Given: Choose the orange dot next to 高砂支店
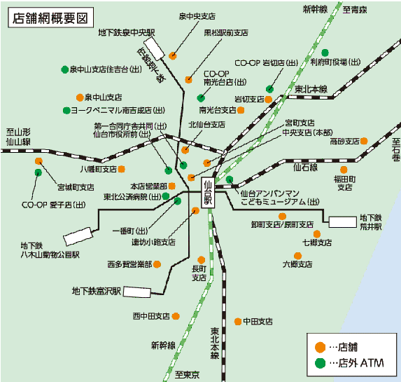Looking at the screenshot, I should [x=365, y=141].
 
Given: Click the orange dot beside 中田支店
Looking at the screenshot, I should [x=238, y=321].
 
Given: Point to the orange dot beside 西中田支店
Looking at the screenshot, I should [x=176, y=317].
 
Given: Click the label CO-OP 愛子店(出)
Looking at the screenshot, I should [x=53, y=205].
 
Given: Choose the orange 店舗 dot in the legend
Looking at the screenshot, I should [x=319, y=347].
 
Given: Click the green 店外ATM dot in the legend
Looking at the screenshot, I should [x=319, y=363].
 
